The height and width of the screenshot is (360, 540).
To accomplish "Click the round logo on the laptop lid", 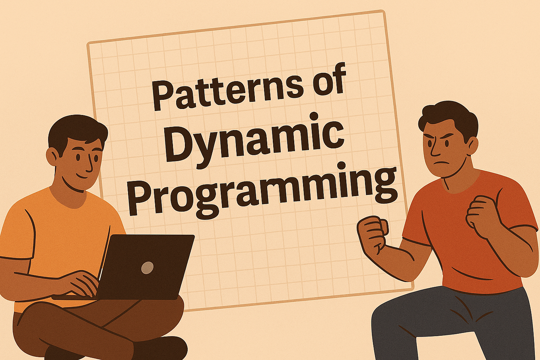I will click(147, 268).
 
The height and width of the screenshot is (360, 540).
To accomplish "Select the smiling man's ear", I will click(52, 156).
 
